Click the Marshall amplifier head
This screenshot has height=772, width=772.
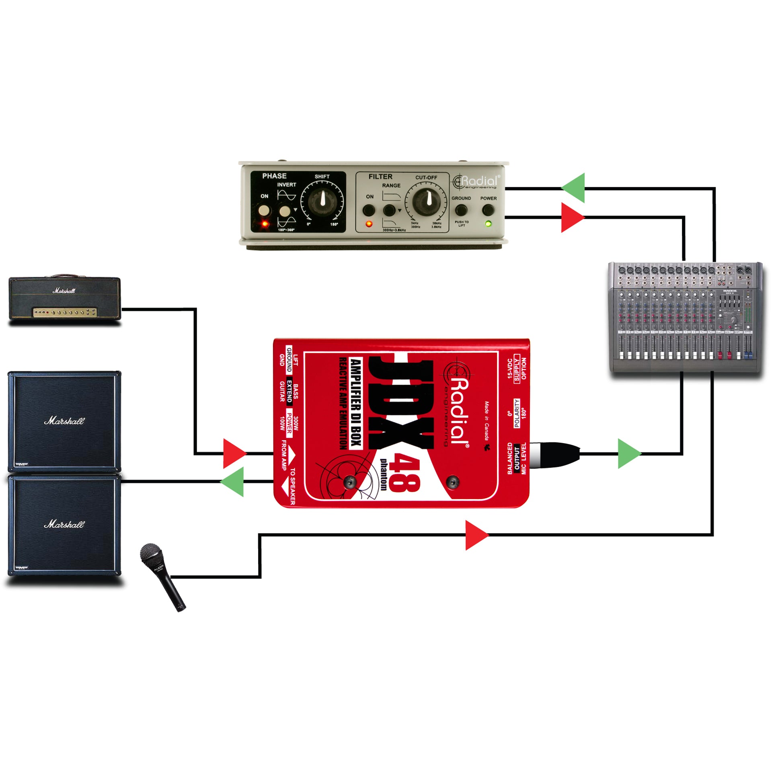tap(65, 298)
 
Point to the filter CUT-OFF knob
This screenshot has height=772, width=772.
tap(425, 199)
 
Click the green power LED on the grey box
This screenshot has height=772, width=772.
tap(489, 224)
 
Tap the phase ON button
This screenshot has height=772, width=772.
tap(264, 210)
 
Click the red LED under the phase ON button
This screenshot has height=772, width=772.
tap(265, 224)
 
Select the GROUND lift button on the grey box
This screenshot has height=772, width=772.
tap(461, 210)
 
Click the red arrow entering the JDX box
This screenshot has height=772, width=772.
tap(233, 454)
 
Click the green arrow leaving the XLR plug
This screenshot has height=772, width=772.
tap(628, 454)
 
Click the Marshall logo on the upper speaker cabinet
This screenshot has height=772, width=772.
tap(64, 421)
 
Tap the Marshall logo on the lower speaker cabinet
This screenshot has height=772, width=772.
tap(64, 524)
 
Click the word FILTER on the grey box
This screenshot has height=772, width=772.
tap(380, 177)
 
